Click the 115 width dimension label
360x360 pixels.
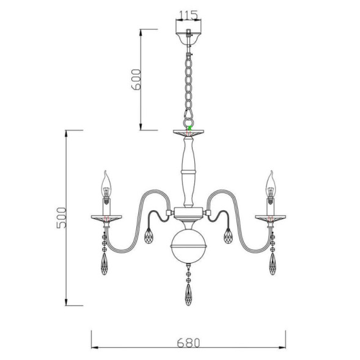[189, 13]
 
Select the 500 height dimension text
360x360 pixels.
[61, 218]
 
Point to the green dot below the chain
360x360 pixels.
[190, 127]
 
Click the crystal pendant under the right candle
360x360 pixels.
[270, 264]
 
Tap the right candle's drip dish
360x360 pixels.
[270, 216]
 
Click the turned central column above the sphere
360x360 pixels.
[189, 171]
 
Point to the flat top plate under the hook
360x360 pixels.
[189, 133]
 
